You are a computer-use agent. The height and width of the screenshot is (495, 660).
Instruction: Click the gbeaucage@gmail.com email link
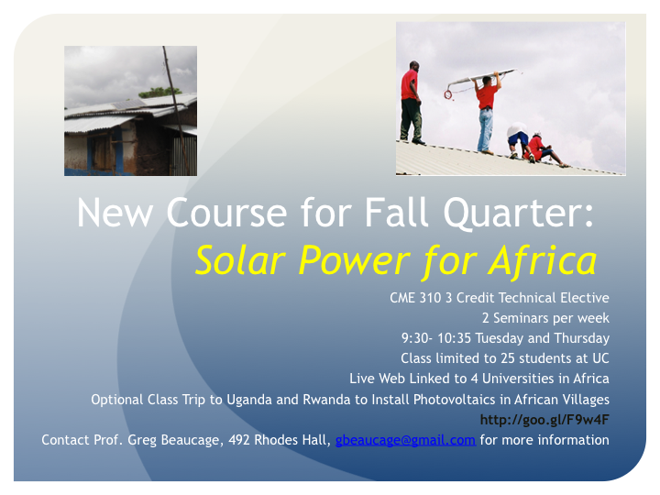pos(405,440)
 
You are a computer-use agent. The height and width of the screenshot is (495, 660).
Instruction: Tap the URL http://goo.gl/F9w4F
pos(544,420)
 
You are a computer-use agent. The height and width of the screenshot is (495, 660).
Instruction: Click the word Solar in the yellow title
pos(241,260)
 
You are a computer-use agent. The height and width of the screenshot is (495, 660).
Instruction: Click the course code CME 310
pos(415,298)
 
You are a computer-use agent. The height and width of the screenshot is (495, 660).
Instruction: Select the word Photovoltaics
pos(454,399)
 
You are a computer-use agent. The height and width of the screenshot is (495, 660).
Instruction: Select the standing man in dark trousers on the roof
pos(411,103)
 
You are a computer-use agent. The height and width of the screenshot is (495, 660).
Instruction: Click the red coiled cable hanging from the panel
pos(448,95)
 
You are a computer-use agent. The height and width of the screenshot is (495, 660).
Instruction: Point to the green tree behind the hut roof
pos(159,92)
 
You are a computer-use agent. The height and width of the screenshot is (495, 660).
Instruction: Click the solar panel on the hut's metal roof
pos(129,104)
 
